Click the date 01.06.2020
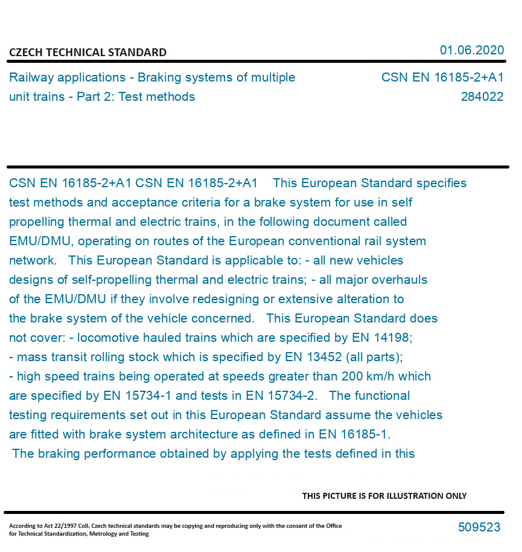coord(471,50)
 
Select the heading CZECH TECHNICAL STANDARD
coord(88,53)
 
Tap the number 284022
coord(482,97)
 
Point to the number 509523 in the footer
coord(479,527)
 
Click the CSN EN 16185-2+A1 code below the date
coord(442,78)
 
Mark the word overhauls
coord(399,280)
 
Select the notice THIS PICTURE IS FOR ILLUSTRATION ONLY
coord(384,496)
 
